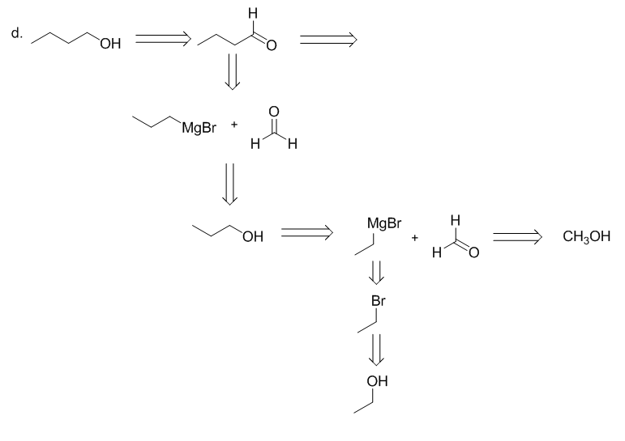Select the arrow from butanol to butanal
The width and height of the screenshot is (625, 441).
[x=162, y=37]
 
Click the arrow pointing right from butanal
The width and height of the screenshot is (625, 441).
[x=327, y=37]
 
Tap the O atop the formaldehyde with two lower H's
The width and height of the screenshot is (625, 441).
[x=273, y=111]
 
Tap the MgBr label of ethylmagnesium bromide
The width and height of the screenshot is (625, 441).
[x=383, y=223]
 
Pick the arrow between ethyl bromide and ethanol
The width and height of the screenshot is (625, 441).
[x=375, y=350]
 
